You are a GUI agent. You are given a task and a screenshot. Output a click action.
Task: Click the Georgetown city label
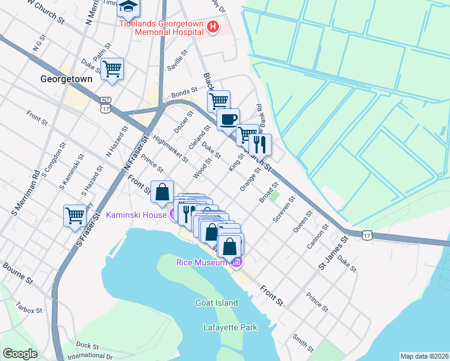(66, 79)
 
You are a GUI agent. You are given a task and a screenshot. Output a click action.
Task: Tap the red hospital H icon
(212, 26)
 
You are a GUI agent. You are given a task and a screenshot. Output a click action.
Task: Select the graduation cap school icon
(128, 7)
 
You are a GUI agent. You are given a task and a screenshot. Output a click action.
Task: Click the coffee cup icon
(228, 119)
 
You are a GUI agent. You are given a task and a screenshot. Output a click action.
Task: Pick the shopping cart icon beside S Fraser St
(75, 214)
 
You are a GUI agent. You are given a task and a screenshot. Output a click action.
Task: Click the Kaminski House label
(136, 214)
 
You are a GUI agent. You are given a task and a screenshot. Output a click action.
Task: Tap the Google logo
(20, 354)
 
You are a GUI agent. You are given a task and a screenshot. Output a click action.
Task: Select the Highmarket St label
(171, 149)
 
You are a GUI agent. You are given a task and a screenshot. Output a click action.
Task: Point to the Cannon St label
(317, 236)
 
